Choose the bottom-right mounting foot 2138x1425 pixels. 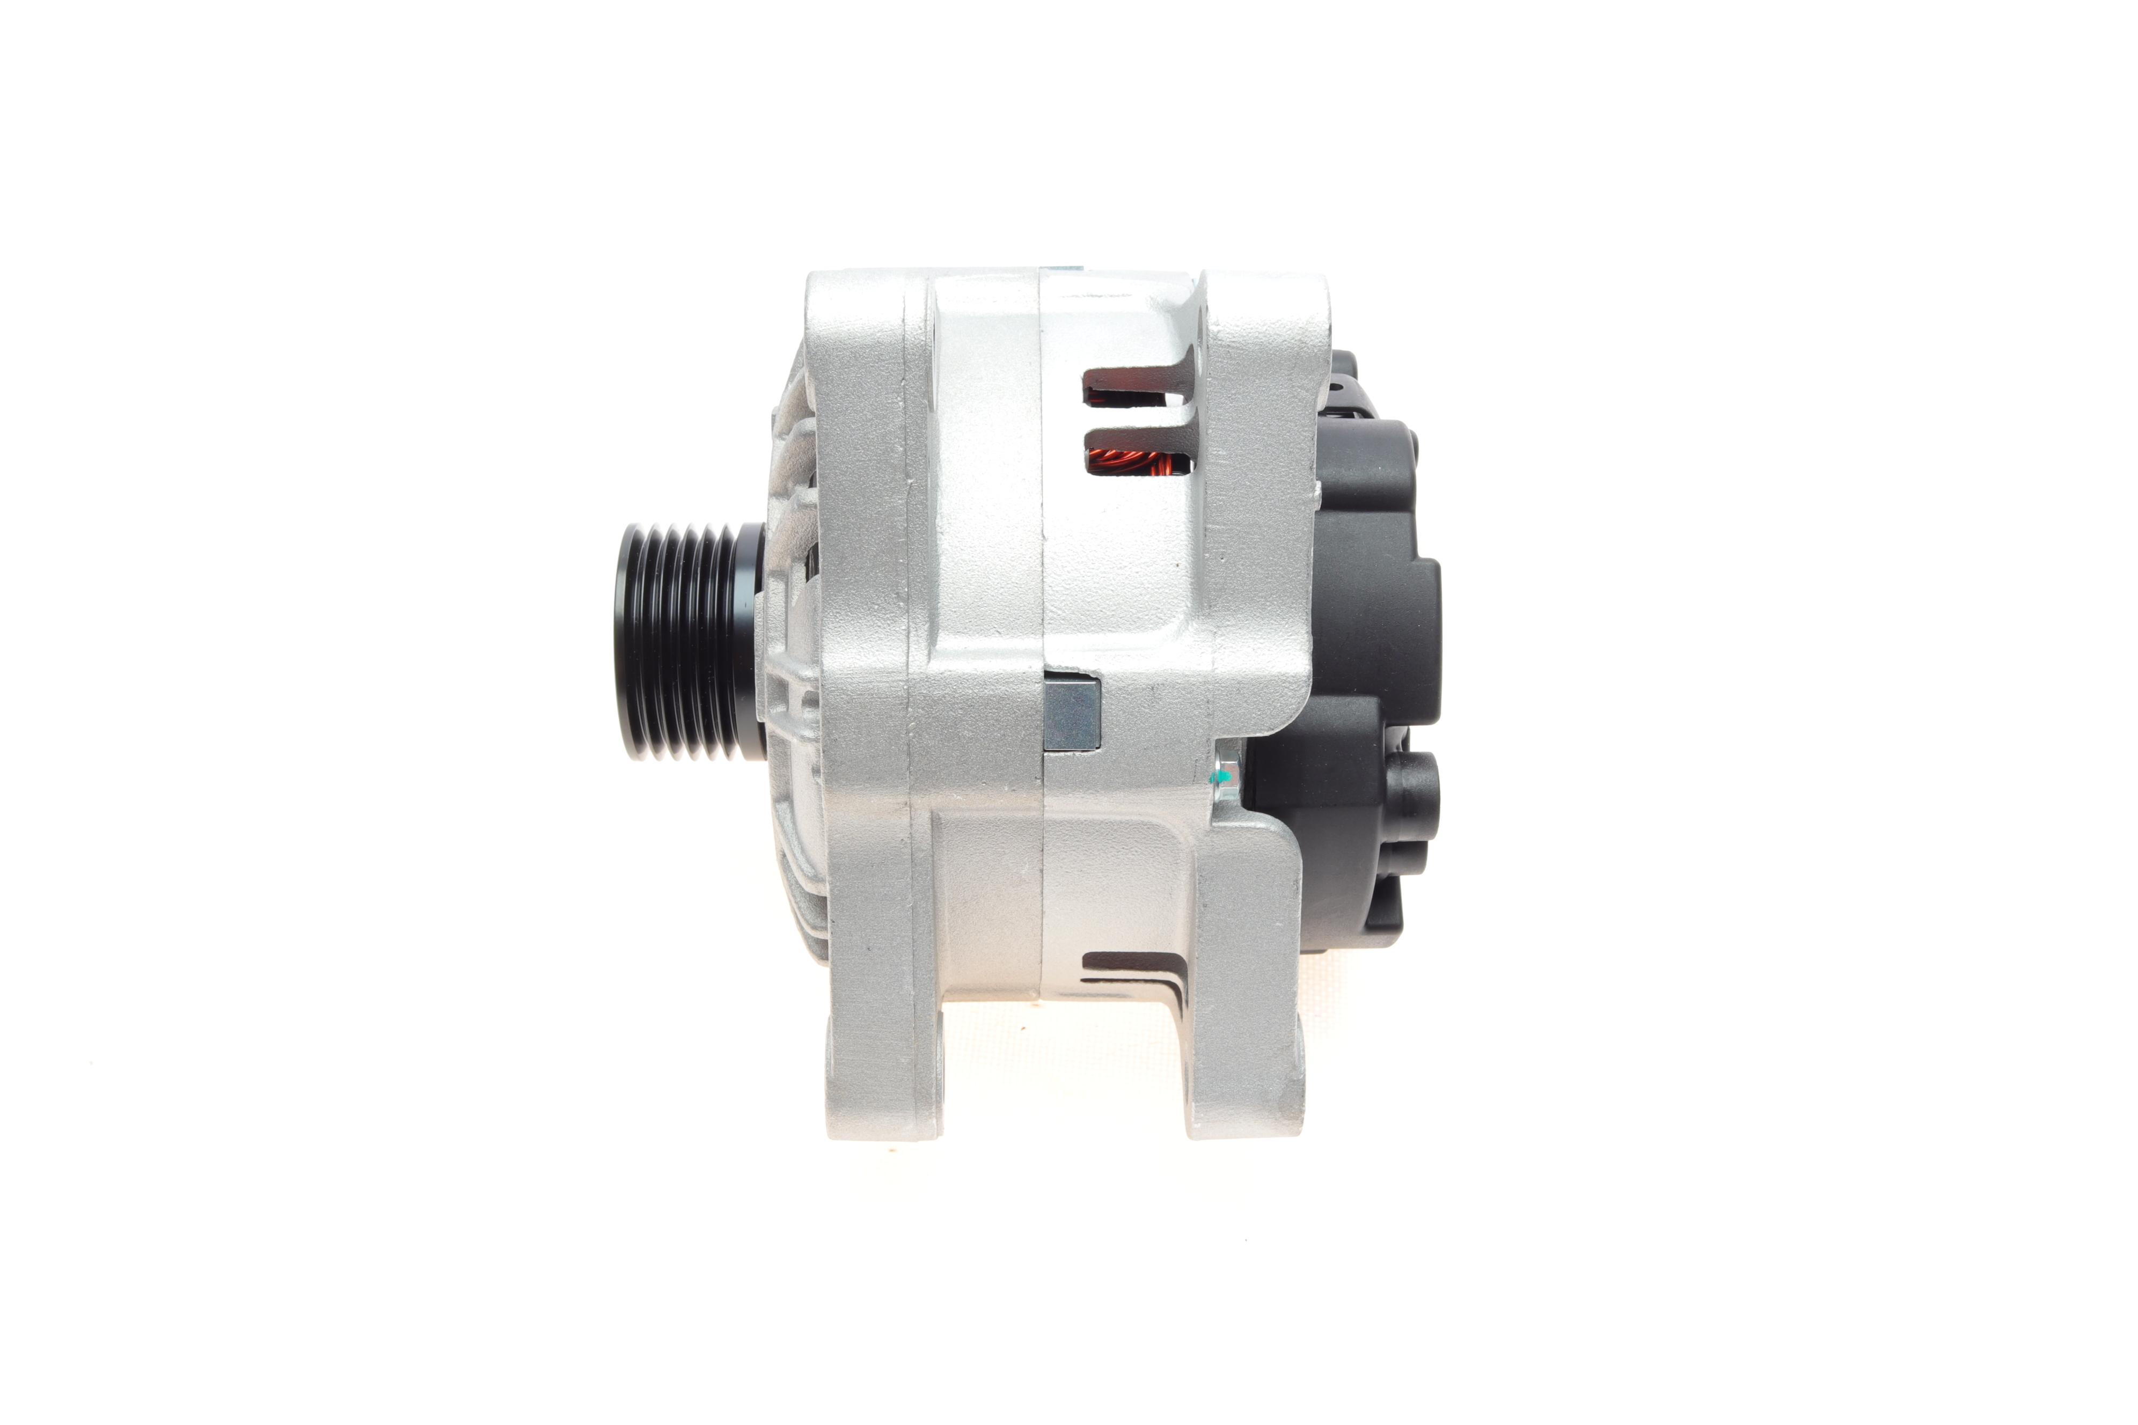coord(1246,1091)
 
